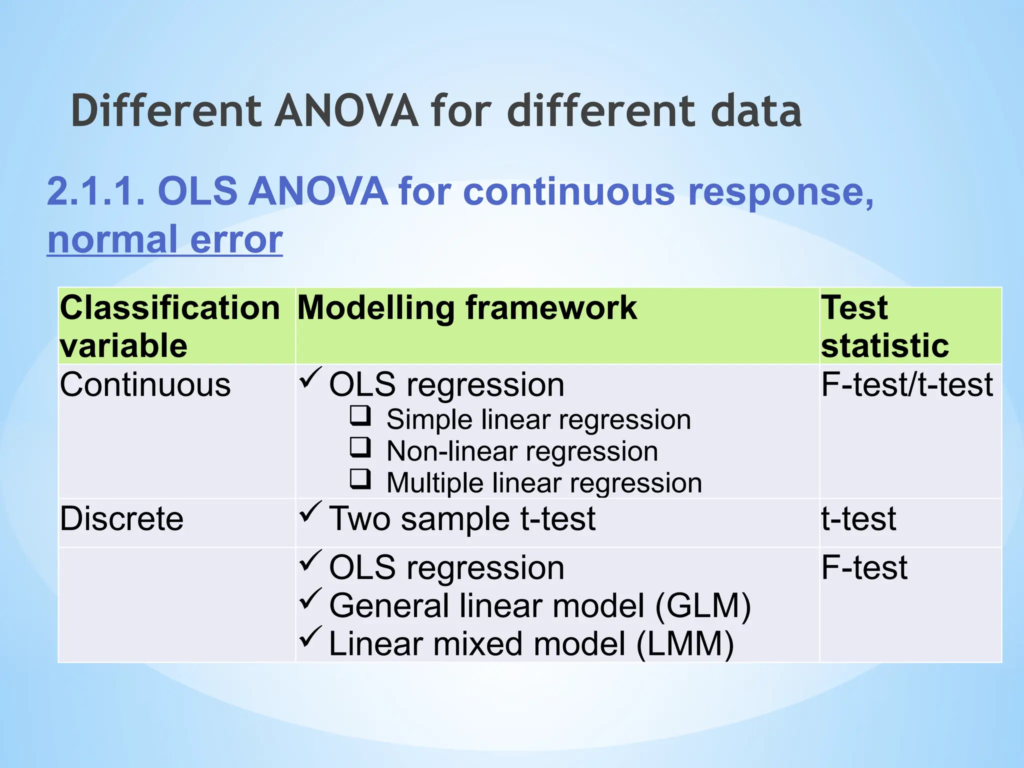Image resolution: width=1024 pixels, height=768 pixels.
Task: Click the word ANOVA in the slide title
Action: pyautogui.click(x=346, y=111)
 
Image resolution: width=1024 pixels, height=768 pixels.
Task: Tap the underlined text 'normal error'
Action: pyautogui.click(x=165, y=240)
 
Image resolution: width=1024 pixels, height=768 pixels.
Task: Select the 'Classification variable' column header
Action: pyautogui.click(x=170, y=326)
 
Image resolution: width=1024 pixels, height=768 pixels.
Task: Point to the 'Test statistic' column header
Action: pyautogui.click(x=885, y=326)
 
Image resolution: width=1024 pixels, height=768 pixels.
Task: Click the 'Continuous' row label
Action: pyautogui.click(x=145, y=385)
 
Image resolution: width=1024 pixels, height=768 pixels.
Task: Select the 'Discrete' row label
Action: pyautogui.click(x=121, y=519)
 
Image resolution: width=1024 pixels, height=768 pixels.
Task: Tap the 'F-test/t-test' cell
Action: pyautogui.click(x=906, y=385)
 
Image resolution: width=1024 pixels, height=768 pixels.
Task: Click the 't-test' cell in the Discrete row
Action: pyautogui.click(x=858, y=519)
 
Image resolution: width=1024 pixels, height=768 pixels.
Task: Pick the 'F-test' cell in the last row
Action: pyautogui.click(x=864, y=568)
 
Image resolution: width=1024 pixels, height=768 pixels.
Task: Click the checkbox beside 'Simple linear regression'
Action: pyautogui.click(x=360, y=416)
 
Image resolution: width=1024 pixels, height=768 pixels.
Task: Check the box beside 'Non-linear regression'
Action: pyautogui.click(x=360, y=448)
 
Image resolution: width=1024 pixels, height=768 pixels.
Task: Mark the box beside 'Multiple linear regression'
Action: pyautogui.click(x=360, y=479)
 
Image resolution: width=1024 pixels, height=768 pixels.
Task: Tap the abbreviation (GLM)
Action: pyautogui.click(x=702, y=606)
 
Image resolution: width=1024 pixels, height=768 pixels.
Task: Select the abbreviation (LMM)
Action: pyautogui.click(x=685, y=644)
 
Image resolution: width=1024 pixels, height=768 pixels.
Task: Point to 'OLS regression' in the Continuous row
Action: pyautogui.click(x=446, y=385)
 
